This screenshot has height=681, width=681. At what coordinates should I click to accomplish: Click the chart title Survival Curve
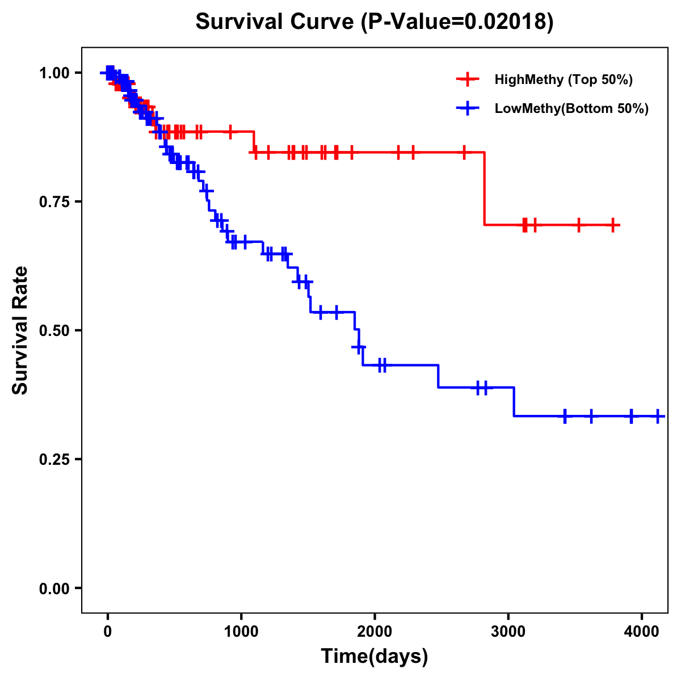(375, 23)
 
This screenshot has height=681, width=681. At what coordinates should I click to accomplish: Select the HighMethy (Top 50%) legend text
(564, 79)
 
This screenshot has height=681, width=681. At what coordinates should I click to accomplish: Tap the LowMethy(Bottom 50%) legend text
(571, 108)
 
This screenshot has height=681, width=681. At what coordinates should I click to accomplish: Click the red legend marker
(468, 79)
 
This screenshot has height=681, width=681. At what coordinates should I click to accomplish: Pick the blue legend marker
(468, 108)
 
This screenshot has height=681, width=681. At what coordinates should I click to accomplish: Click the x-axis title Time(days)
(375, 657)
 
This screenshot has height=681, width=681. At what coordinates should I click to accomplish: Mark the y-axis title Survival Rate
(20, 330)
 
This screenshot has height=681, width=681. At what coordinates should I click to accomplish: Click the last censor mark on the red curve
(613, 225)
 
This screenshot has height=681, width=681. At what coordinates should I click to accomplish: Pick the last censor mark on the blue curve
(658, 416)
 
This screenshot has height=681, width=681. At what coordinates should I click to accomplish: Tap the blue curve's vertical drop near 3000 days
(514, 402)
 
